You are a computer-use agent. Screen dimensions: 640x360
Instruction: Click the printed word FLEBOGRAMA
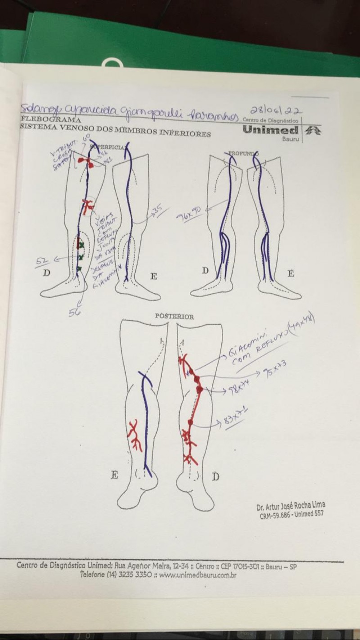(x=51, y=120)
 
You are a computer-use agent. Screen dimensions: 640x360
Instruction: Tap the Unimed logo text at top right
(x=271, y=131)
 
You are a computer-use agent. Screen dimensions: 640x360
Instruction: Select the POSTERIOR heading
(x=175, y=316)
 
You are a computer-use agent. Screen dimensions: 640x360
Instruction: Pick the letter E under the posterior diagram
(x=114, y=474)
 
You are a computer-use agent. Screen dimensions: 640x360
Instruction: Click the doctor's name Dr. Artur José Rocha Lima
(x=291, y=506)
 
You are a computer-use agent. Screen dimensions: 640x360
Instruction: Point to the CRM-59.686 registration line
(x=291, y=515)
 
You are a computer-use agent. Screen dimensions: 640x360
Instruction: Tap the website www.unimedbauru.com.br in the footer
(x=198, y=575)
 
